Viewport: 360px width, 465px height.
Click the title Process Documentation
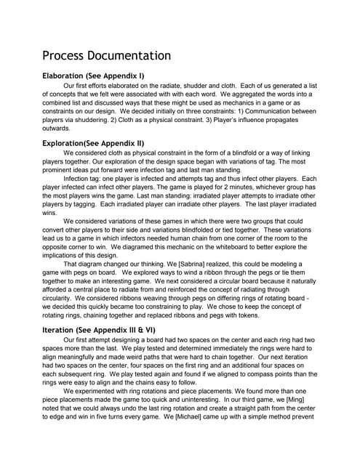click(106, 56)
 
